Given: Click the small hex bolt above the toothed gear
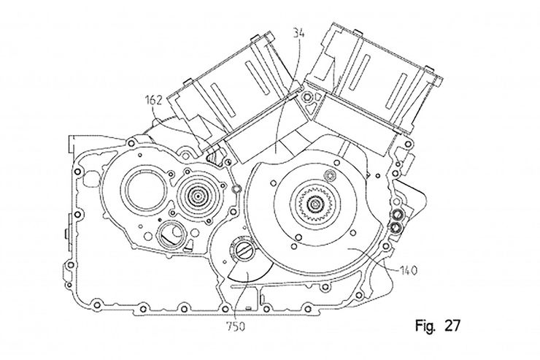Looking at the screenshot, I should (331, 175).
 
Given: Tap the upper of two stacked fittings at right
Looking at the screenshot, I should (398, 214).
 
